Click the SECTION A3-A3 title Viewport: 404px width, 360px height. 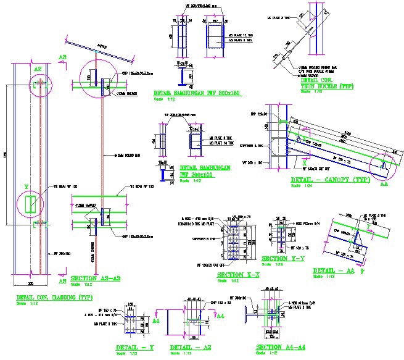pos(96,278)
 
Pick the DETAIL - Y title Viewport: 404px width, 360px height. pos(134,347)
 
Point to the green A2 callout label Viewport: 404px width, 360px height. pos(38,69)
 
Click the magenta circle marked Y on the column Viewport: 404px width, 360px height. pos(30,203)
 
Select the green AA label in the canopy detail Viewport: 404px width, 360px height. pos(385,183)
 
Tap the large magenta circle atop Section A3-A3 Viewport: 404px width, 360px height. pos(98,78)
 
